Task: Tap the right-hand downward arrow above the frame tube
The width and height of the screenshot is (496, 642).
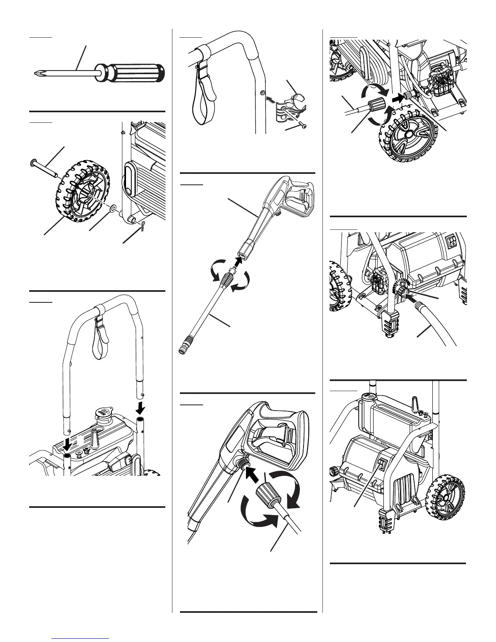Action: (140, 406)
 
